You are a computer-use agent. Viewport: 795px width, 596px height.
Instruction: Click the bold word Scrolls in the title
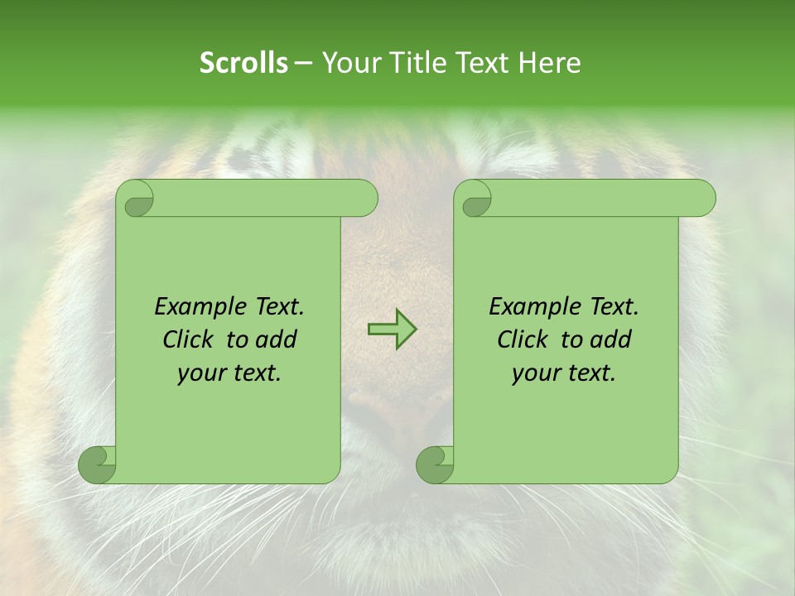244,63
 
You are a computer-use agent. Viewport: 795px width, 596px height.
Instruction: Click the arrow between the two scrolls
392,329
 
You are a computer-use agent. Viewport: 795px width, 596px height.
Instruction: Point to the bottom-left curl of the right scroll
436,465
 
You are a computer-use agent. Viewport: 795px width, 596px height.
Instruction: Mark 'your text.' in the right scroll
564,373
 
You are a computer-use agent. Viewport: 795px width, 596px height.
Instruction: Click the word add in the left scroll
276,340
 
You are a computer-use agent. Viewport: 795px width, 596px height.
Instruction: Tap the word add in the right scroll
610,340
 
